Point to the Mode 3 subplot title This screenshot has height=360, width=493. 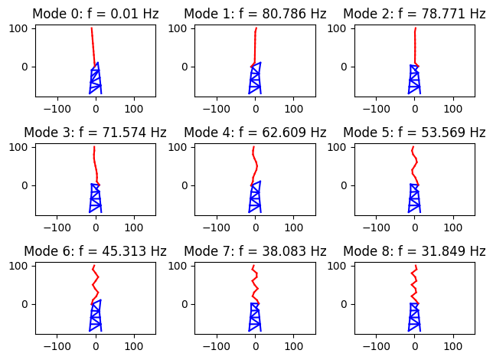tap(95, 133)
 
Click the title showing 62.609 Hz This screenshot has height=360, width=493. tap(255, 133)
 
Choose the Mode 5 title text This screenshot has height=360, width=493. tap(414, 133)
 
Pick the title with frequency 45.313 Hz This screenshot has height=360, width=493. tap(95, 251)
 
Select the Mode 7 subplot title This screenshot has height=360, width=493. tap(255, 251)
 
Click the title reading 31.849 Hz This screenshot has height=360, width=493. tap(414, 251)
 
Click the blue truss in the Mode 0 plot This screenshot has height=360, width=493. tap(95, 80)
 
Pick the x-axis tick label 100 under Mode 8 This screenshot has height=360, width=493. tap(454, 343)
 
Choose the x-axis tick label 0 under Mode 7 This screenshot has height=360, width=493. tap(256, 343)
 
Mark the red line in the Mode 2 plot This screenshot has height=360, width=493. tap(415, 46)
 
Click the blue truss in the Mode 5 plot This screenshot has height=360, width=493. tap(414, 199)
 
